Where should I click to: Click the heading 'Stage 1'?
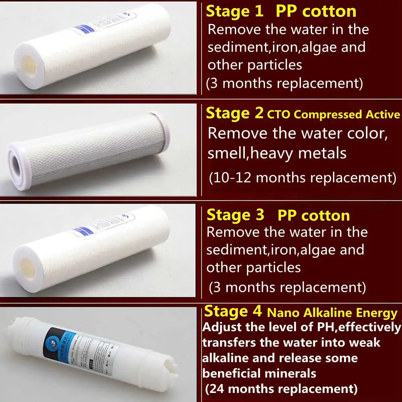pos(234,11)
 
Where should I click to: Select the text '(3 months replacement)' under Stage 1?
pos(284,83)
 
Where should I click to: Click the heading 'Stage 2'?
pos(234,113)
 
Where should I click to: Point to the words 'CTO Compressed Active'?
pos(333,115)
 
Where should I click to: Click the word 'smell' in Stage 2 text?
pos(227,153)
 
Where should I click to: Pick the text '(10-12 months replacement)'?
pos(303,177)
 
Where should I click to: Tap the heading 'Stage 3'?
pos(235,215)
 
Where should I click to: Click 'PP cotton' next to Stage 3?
pos(314,216)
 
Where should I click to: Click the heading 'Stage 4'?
pos(233,311)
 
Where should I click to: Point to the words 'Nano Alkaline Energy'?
pos(332,313)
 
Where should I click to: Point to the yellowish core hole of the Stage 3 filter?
pos(28,267)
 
